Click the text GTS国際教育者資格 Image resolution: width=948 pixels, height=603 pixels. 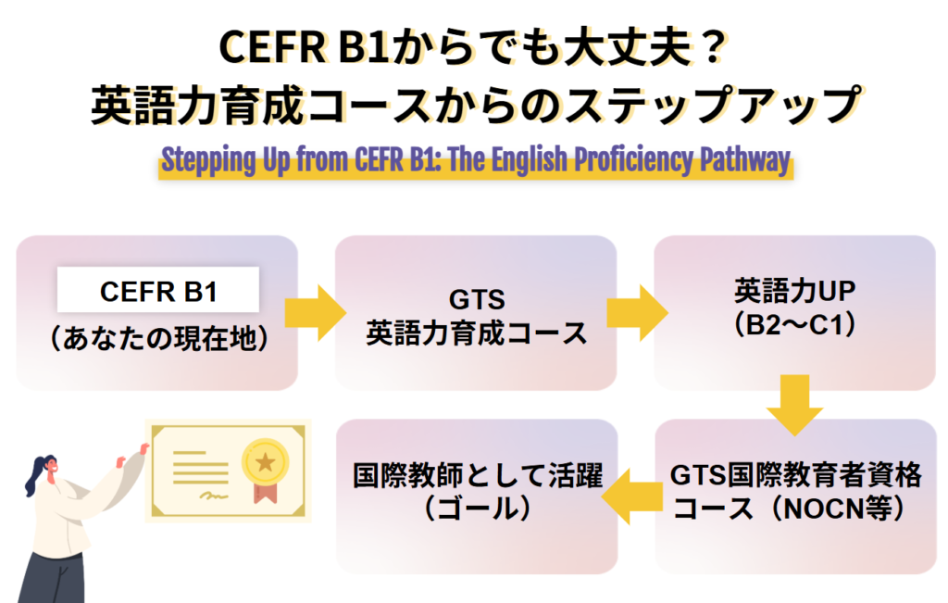(x=795, y=476)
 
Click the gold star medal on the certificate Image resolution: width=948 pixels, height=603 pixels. (x=265, y=459)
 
